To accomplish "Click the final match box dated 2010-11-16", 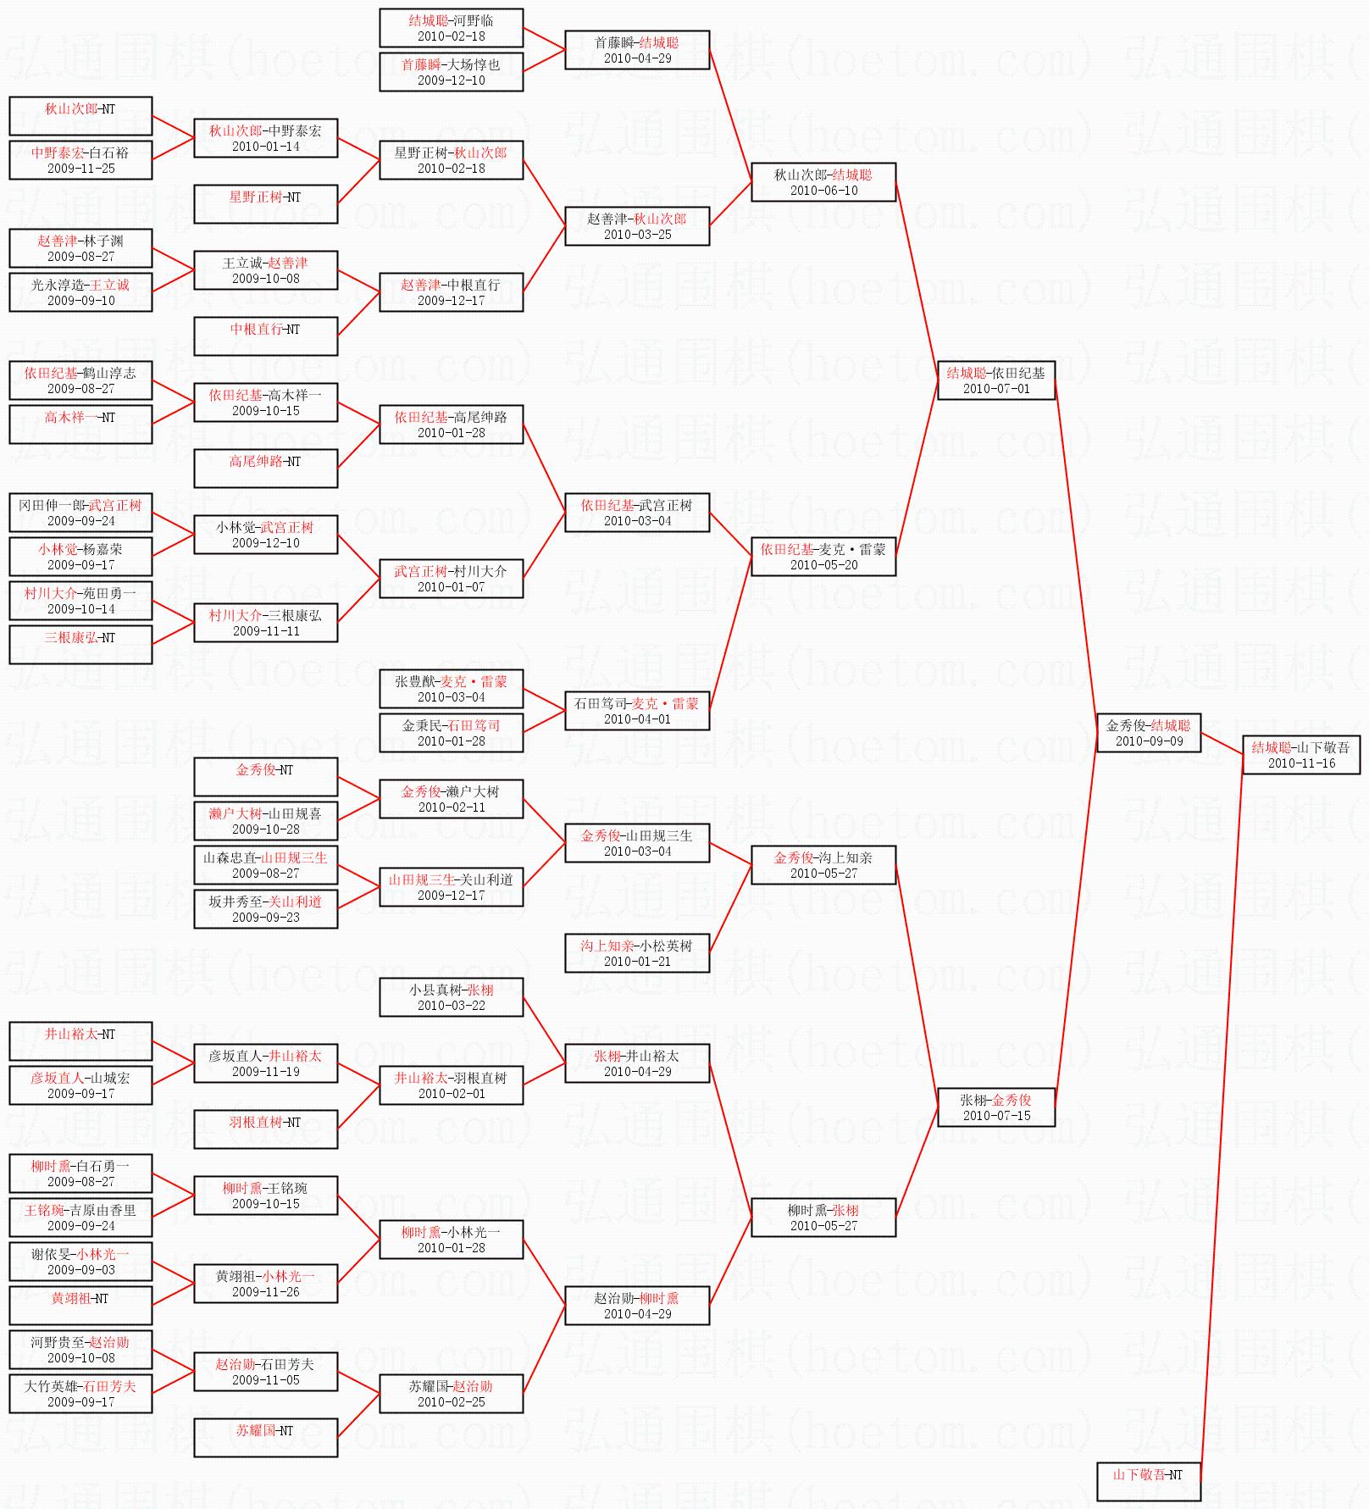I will (x=1301, y=755).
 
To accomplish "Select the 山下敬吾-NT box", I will (x=1148, y=1481).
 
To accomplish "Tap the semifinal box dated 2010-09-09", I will (x=1148, y=733).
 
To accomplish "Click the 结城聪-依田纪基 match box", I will (x=995, y=380).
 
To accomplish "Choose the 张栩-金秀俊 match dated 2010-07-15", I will (x=995, y=1107).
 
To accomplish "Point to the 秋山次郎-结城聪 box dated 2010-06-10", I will (x=823, y=182).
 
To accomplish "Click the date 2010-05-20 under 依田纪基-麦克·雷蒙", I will (x=823, y=565).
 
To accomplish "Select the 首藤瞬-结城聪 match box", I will (x=637, y=50).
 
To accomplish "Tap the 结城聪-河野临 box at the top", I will (x=451, y=28).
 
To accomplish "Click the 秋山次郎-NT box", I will (x=80, y=116).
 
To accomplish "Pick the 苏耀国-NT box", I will (x=265, y=1438).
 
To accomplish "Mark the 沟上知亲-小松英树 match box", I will (x=637, y=953).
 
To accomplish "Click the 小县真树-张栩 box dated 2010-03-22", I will (x=451, y=997).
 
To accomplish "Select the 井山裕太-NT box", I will (x=80, y=1041).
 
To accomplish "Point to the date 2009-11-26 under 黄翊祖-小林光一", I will (x=265, y=1292).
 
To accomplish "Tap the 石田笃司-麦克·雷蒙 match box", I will (x=637, y=711).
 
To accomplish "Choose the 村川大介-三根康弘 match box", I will (x=265, y=623).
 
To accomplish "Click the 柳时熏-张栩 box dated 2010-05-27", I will (x=823, y=1218).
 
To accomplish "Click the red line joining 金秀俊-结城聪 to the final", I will (x=1222, y=743).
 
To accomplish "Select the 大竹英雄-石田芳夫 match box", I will (x=80, y=1394).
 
